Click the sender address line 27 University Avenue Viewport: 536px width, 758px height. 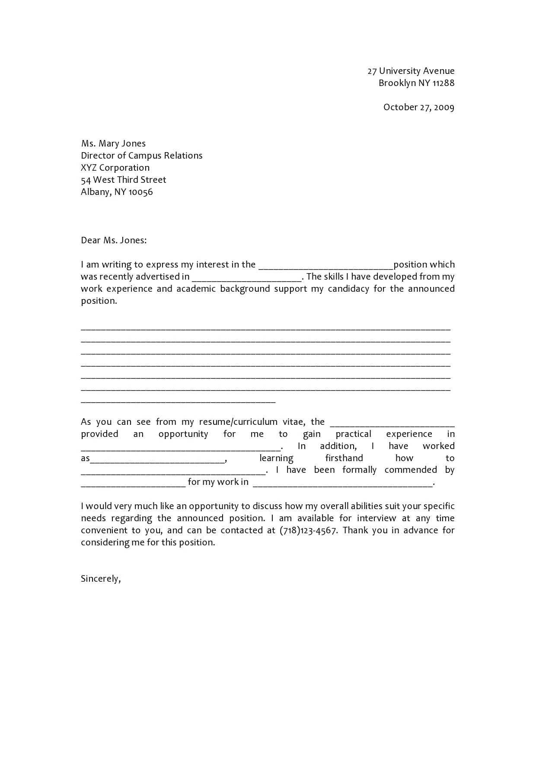pos(411,71)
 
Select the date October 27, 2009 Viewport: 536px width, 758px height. pos(418,107)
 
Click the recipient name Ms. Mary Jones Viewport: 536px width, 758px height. pos(113,143)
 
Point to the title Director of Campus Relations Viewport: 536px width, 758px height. pos(141,156)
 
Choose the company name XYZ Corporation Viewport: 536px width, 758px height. pos(115,168)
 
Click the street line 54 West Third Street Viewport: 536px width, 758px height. pos(123,180)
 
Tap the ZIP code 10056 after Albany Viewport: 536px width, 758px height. pos(140,192)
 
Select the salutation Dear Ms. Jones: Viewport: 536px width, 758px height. pos(114,240)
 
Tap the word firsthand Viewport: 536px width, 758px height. pos(344,458)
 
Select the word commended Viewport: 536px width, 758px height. pos(411,470)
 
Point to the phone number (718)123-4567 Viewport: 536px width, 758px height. pos(308,530)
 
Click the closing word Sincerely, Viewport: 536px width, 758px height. pos(101,579)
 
